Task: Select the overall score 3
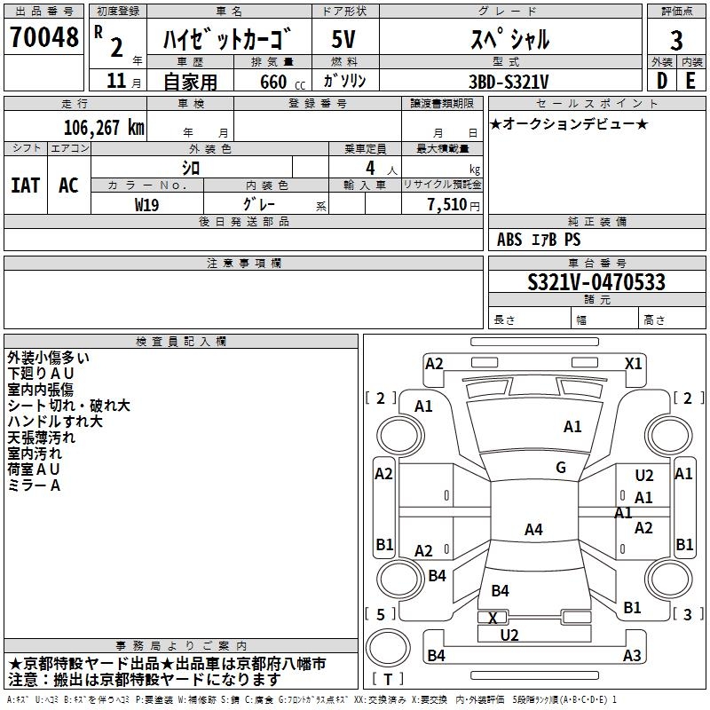point(676,41)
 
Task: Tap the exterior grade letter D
point(660,80)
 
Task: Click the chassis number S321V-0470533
point(596,282)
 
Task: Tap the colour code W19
point(147,203)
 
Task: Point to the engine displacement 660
point(273,81)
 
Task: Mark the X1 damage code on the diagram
point(634,363)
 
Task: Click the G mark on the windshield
point(561,468)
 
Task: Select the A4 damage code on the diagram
point(533,530)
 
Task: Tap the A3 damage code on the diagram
point(632,656)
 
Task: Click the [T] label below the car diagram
point(390,680)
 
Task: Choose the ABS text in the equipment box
point(509,240)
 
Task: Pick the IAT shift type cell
point(25,185)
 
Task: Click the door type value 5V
point(344,38)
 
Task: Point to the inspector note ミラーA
point(34,485)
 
